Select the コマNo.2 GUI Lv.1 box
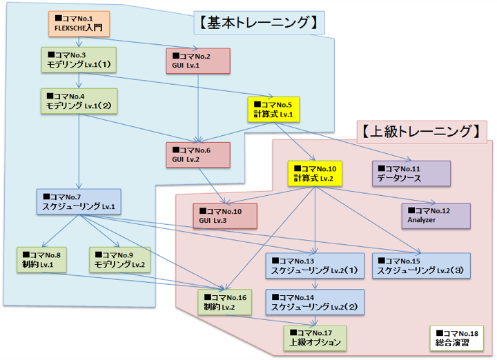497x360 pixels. [x=198, y=60]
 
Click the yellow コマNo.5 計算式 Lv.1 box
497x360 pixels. [x=276, y=109]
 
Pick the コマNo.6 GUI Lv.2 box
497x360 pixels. [x=198, y=154]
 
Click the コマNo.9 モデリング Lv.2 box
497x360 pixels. [x=119, y=259]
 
